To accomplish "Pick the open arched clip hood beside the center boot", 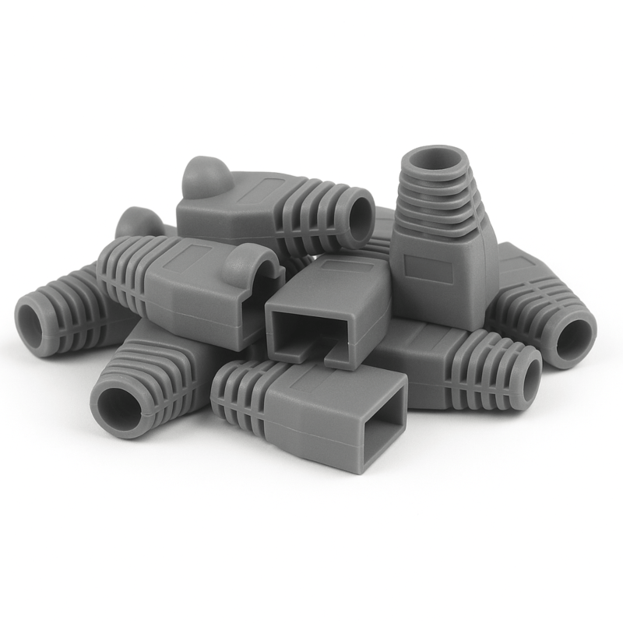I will click(x=255, y=269).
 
